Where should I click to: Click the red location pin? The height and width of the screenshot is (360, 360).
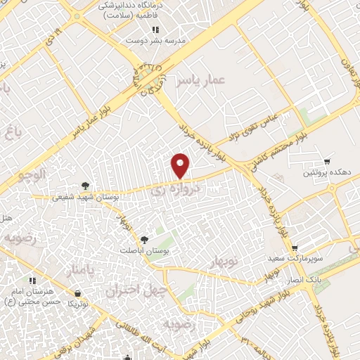coord(181,165)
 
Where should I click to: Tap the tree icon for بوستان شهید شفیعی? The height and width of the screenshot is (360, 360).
coord(84,186)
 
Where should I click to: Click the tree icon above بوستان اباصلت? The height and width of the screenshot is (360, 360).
coord(145,239)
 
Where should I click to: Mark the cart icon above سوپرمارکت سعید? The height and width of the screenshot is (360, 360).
coord(295,247)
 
